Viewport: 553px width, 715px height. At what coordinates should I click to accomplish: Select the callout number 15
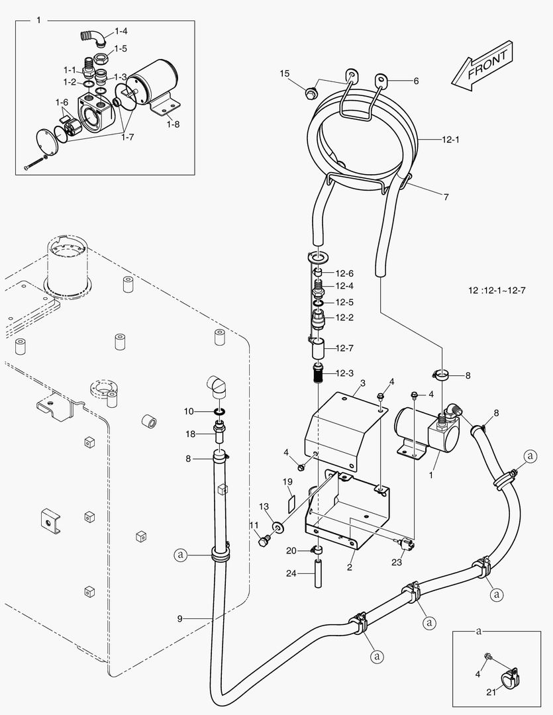click(x=284, y=73)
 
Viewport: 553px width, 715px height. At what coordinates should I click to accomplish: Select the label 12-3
click(x=344, y=374)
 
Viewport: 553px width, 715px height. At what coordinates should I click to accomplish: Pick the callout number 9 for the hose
click(x=179, y=618)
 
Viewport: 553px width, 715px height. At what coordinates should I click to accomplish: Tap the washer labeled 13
click(x=276, y=527)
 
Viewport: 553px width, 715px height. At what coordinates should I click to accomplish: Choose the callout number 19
click(x=287, y=481)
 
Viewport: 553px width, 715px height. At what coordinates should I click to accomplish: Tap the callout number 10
click(x=189, y=411)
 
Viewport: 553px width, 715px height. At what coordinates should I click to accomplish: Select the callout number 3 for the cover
click(x=362, y=383)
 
